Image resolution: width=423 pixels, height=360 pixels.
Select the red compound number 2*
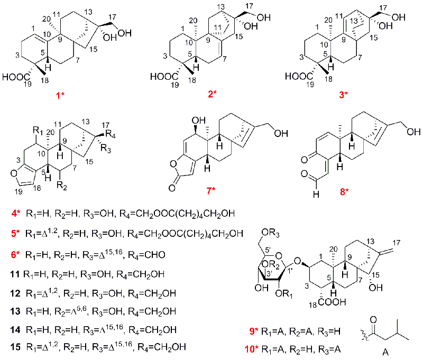[212, 95]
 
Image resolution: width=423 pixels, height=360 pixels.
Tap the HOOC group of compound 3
[297, 76]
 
